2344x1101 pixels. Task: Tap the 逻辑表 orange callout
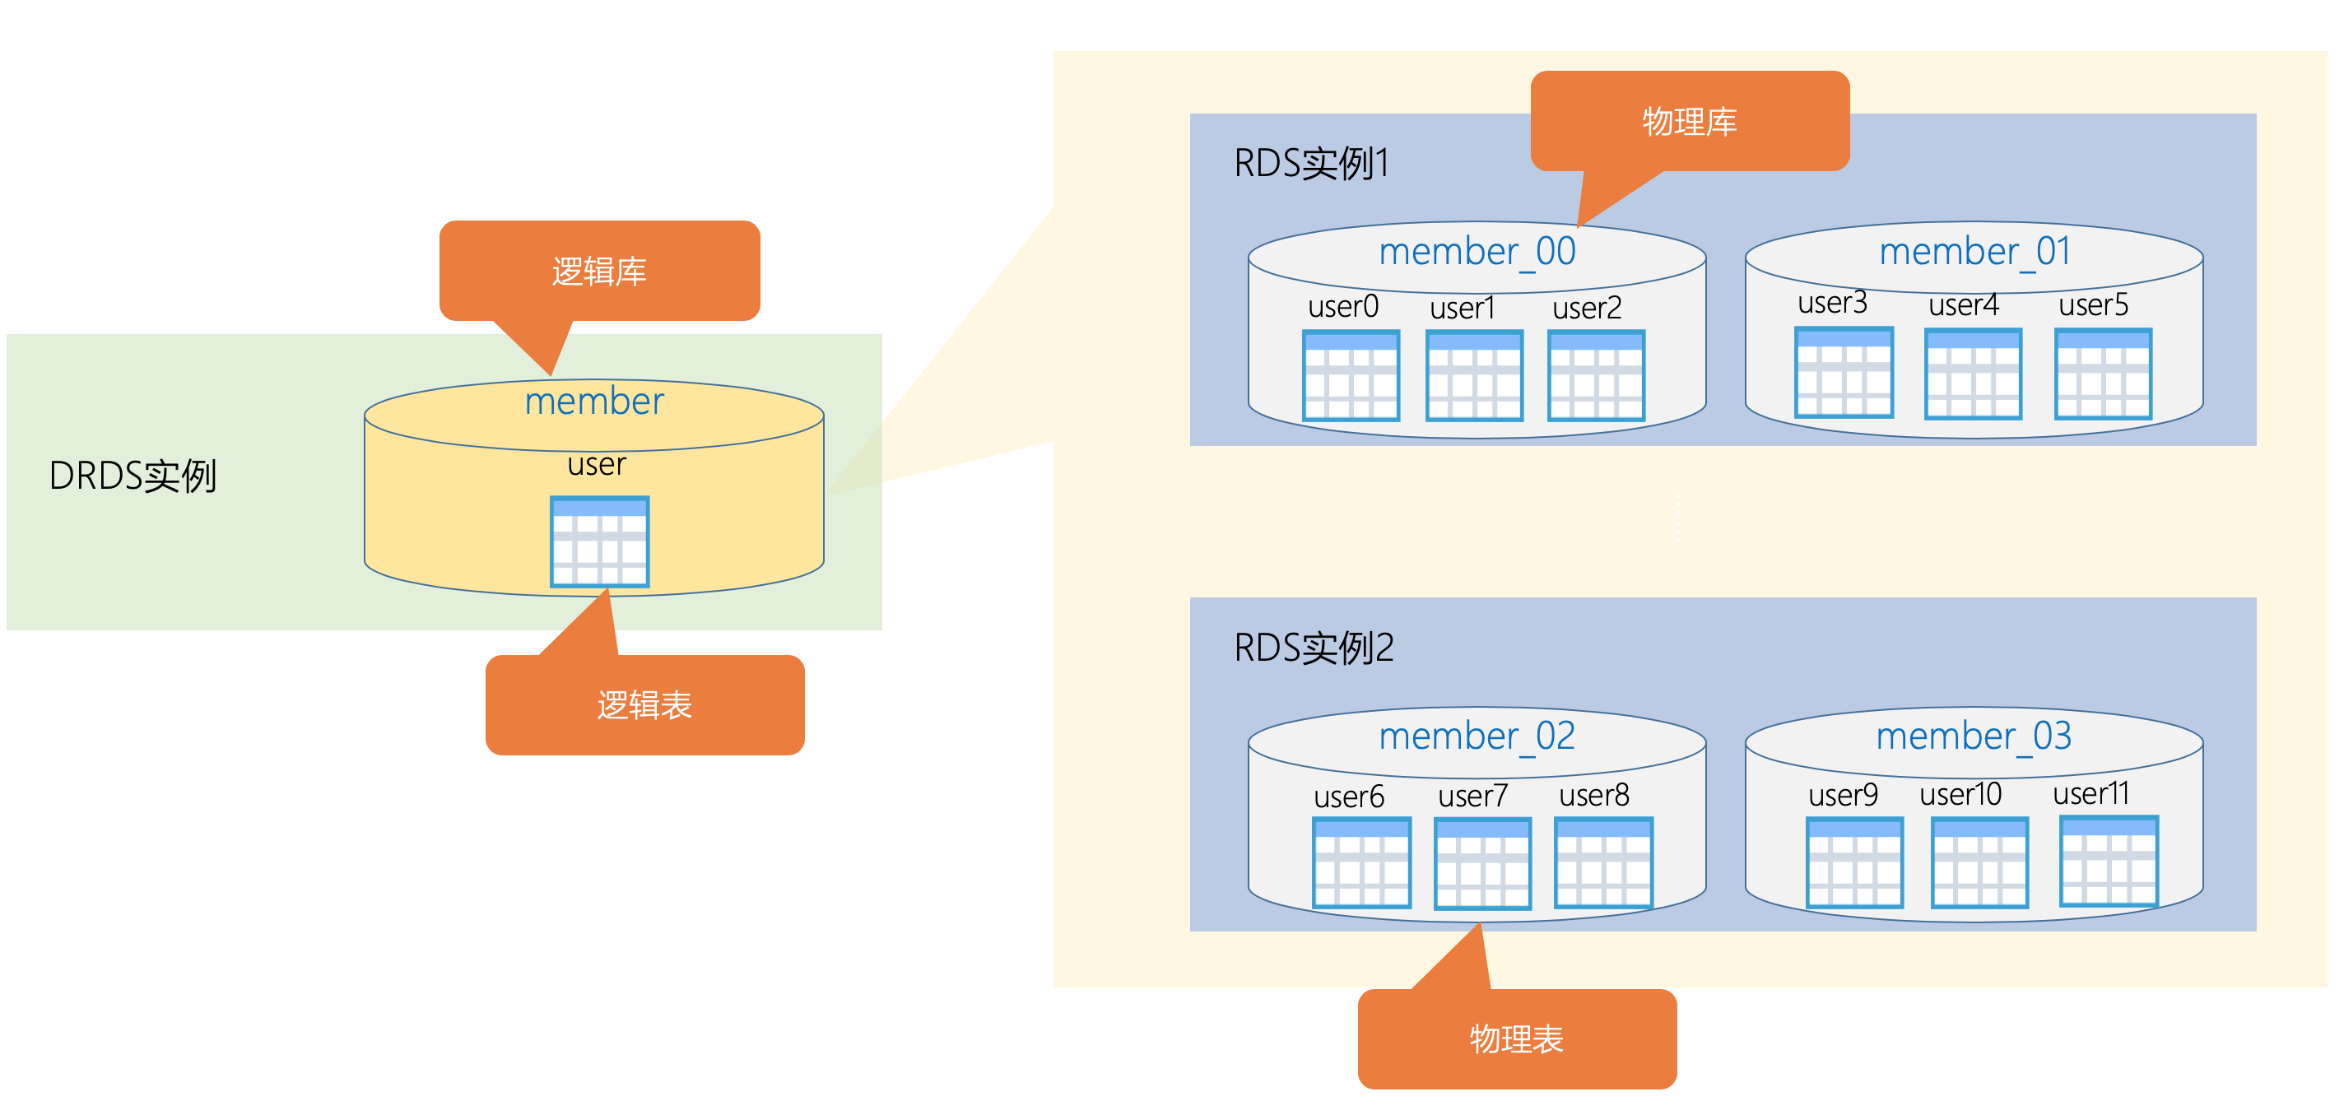click(644, 704)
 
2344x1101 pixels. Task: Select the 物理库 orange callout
click(1689, 121)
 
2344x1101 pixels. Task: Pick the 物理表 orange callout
click(1516, 1038)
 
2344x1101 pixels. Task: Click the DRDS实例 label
click(133, 476)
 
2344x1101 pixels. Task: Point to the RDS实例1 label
click(1310, 164)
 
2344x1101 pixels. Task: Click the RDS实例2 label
click(1313, 648)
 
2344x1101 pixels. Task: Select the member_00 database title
click(1477, 251)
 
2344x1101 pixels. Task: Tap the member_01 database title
click(1974, 251)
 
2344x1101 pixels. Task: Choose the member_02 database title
click(1477, 735)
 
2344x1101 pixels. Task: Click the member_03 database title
click(1974, 735)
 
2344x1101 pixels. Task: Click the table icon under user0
click(1351, 375)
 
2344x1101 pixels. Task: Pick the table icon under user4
click(1973, 374)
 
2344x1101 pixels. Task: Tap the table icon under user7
click(1482, 862)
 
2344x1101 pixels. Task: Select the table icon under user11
click(2109, 861)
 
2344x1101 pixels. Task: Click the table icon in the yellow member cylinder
click(600, 541)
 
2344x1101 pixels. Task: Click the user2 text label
click(1587, 308)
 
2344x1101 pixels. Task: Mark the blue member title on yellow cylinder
click(594, 402)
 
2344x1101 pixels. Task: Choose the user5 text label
click(2093, 304)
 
